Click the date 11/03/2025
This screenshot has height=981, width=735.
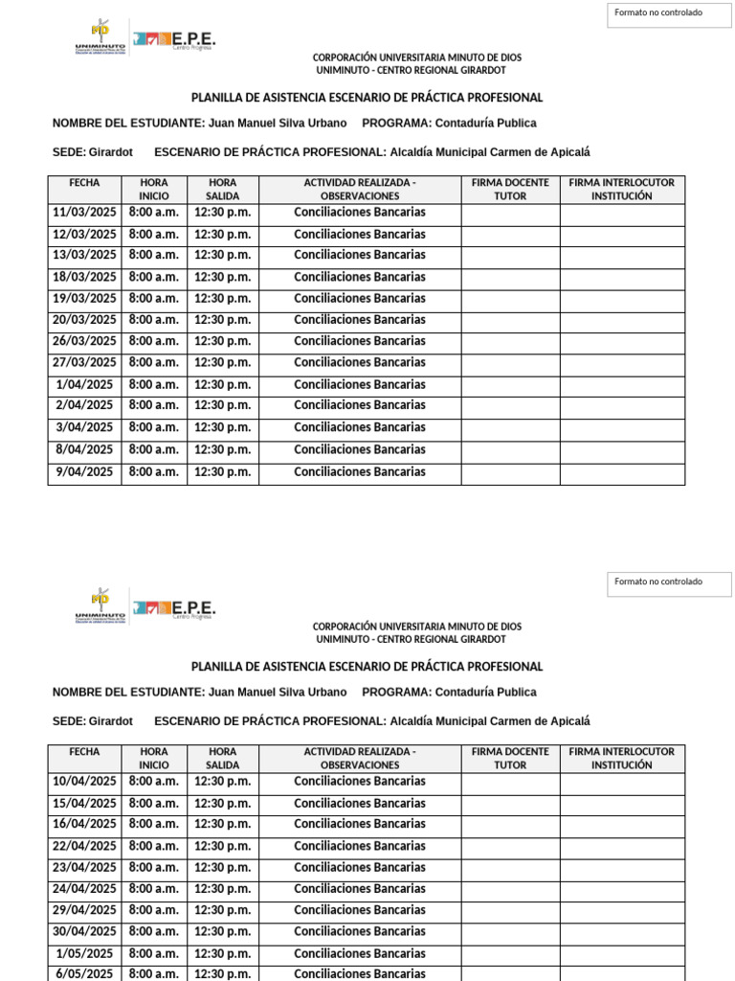click(x=84, y=212)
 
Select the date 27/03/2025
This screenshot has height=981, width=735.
click(x=84, y=362)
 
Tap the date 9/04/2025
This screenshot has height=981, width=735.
click(x=84, y=471)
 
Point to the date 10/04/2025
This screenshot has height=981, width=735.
click(x=84, y=781)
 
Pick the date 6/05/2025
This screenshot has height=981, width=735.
click(x=84, y=973)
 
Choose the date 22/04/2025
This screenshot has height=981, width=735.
click(x=84, y=846)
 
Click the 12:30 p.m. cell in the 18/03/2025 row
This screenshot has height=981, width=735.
click(x=222, y=277)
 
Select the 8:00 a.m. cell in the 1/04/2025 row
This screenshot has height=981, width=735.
click(x=154, y=384)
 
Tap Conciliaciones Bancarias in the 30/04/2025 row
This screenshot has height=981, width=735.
click(x=360, y=931)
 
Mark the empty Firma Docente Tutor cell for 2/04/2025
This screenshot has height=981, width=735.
click(x=510, y=406)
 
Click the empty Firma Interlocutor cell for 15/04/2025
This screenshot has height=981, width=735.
click(x=622, y=804)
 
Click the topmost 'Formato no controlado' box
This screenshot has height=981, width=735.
click(x=669, y=13)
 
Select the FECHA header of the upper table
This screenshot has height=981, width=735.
click(x=84, y=182)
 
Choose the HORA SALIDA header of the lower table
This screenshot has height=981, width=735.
click(x=222, y=758)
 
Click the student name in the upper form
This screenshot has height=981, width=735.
click(x=278, y=124)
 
